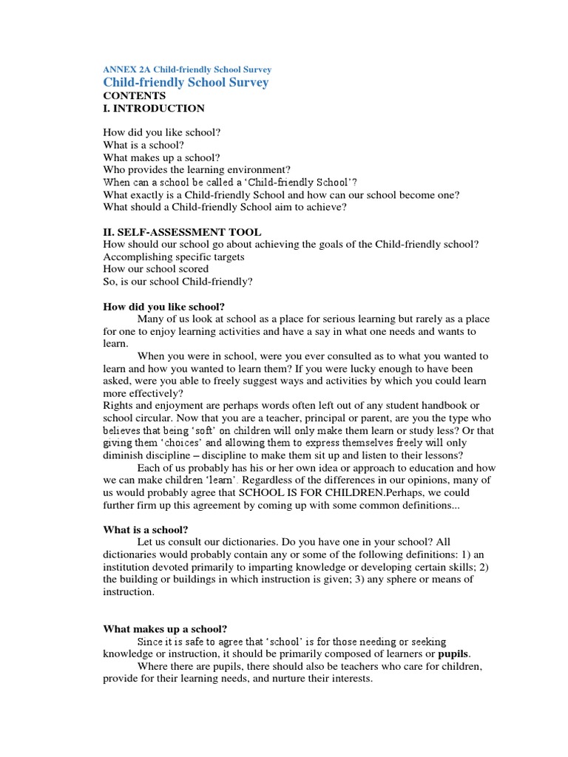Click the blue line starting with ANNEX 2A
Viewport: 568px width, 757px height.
point(187,69)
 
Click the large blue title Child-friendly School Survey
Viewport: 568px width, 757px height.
point(186,82)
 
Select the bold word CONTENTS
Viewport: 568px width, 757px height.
point(135,95)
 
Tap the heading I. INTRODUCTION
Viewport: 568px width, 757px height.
point(154,108)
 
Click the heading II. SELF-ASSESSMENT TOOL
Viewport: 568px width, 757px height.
point(182,232)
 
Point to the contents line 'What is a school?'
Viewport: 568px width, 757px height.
point(143,146)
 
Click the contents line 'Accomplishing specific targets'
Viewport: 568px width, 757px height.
point(174,257)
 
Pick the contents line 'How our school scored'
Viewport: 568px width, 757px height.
point(155,269)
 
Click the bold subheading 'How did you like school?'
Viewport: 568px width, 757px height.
point(163,306)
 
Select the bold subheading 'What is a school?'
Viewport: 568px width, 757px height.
point(146,530)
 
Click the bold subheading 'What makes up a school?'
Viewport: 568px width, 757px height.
point(164,628)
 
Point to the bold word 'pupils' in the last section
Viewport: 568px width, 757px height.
point(453,654)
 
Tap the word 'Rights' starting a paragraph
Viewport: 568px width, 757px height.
point(118,406)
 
